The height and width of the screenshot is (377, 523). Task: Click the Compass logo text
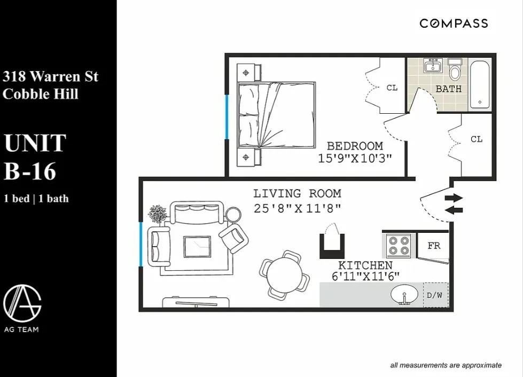click(x=454, y=23)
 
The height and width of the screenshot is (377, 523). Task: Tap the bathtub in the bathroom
click(x=480, y=85)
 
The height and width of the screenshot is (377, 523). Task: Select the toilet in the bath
click(x=454, y=69)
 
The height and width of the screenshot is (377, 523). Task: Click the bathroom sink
click(x=433, y=65)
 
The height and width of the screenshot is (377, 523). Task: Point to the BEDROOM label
click(x=355, y=146)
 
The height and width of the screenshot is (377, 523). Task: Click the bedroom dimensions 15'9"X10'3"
click(x=355, y=159)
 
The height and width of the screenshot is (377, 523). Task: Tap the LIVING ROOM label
click(x=297, y=193)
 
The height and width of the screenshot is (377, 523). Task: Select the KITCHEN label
click(x=365, y=265)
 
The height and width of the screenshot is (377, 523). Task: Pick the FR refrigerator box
click(x=433, y=246)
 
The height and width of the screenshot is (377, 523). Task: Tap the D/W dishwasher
click(x=435, y=295)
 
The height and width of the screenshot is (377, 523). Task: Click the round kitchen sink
click(x=404, y=294)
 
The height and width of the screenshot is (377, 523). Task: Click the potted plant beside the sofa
click(x=158, y=214)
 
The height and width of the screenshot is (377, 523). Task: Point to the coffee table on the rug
click(x=197, y=247)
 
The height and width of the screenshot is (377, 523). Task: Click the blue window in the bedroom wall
click(x=227, y=116)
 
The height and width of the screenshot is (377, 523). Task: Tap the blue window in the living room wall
click(x=140, y=245)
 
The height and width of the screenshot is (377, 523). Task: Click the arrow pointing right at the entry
click(x=454, y=198)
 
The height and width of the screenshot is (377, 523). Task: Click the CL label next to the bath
click(x=392, y=88)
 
